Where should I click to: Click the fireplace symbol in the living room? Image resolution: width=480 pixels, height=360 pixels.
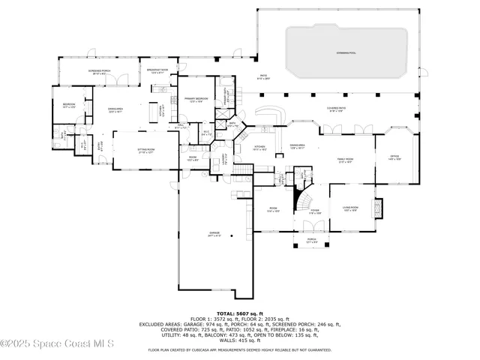pyautogui.click(x=378, y=206)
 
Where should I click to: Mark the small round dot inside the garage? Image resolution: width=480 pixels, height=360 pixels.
pyautogui.click(x=232, y=237)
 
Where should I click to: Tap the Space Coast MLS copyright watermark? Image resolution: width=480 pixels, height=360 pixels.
pyautogui.click(x=56, y=344)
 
